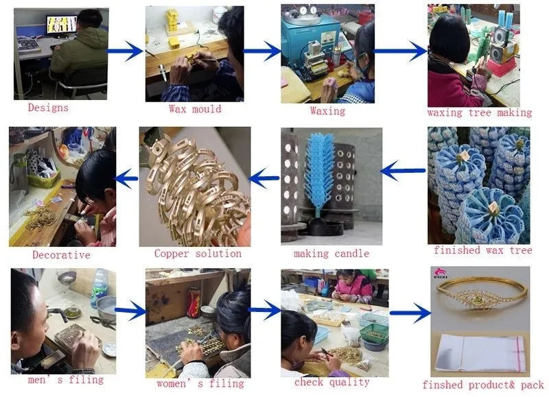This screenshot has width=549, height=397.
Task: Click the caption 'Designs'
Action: coord(47,108)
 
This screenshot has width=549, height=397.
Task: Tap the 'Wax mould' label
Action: coord(195,108)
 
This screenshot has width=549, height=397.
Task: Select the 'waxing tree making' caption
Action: coord(479,112)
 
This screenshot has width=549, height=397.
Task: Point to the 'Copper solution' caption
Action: coord(198,254)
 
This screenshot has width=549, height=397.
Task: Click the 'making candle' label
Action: coord(331,254)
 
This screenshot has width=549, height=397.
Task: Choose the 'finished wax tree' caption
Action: coord(482,250)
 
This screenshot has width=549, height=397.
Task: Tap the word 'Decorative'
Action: coord(61,255)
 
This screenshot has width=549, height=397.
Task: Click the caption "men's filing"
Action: coord(66,379)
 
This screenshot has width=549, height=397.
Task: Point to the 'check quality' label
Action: coord(331,382)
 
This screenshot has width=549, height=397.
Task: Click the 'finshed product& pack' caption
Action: coord(482,385)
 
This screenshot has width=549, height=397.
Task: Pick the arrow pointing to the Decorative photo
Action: coord(126,180)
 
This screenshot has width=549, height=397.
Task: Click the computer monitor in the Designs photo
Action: coord(60,25)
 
